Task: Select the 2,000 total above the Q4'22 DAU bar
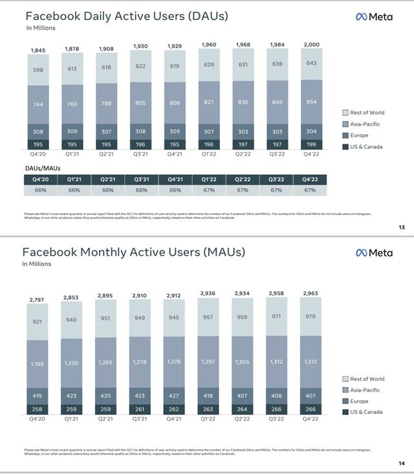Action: (312, 44)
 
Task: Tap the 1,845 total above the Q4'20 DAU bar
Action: (38, 50)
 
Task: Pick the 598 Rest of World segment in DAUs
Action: (38, 71)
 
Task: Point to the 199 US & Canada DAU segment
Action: (312, 144)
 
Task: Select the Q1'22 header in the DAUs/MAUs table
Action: (209, 179)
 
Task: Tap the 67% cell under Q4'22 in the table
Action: (310, 190)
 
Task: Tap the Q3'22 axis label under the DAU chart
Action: (278, 155)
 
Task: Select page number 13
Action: (400, 227)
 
